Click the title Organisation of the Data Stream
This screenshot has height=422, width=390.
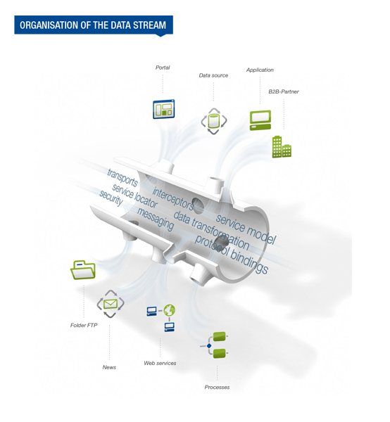93,25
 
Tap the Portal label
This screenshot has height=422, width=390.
163,68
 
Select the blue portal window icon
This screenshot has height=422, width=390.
164,109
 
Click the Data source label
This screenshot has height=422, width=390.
213,75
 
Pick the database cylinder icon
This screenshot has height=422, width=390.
214,121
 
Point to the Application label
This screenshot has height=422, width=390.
260,70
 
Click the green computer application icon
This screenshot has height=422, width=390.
260,120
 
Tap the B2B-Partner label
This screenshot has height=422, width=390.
284,91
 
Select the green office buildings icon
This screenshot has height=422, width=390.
282,147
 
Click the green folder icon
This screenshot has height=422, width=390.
83,269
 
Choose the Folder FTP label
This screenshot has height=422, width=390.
84,325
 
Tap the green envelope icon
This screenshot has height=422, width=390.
111,304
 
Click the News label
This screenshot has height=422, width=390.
109,367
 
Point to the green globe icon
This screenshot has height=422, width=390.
170,310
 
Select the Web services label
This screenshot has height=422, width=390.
160,363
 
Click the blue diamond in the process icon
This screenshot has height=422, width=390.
209,346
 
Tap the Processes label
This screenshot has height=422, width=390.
217,388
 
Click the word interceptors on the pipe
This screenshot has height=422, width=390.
173,199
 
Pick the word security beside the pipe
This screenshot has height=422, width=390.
111,198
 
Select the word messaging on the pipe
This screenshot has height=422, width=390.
156,219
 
